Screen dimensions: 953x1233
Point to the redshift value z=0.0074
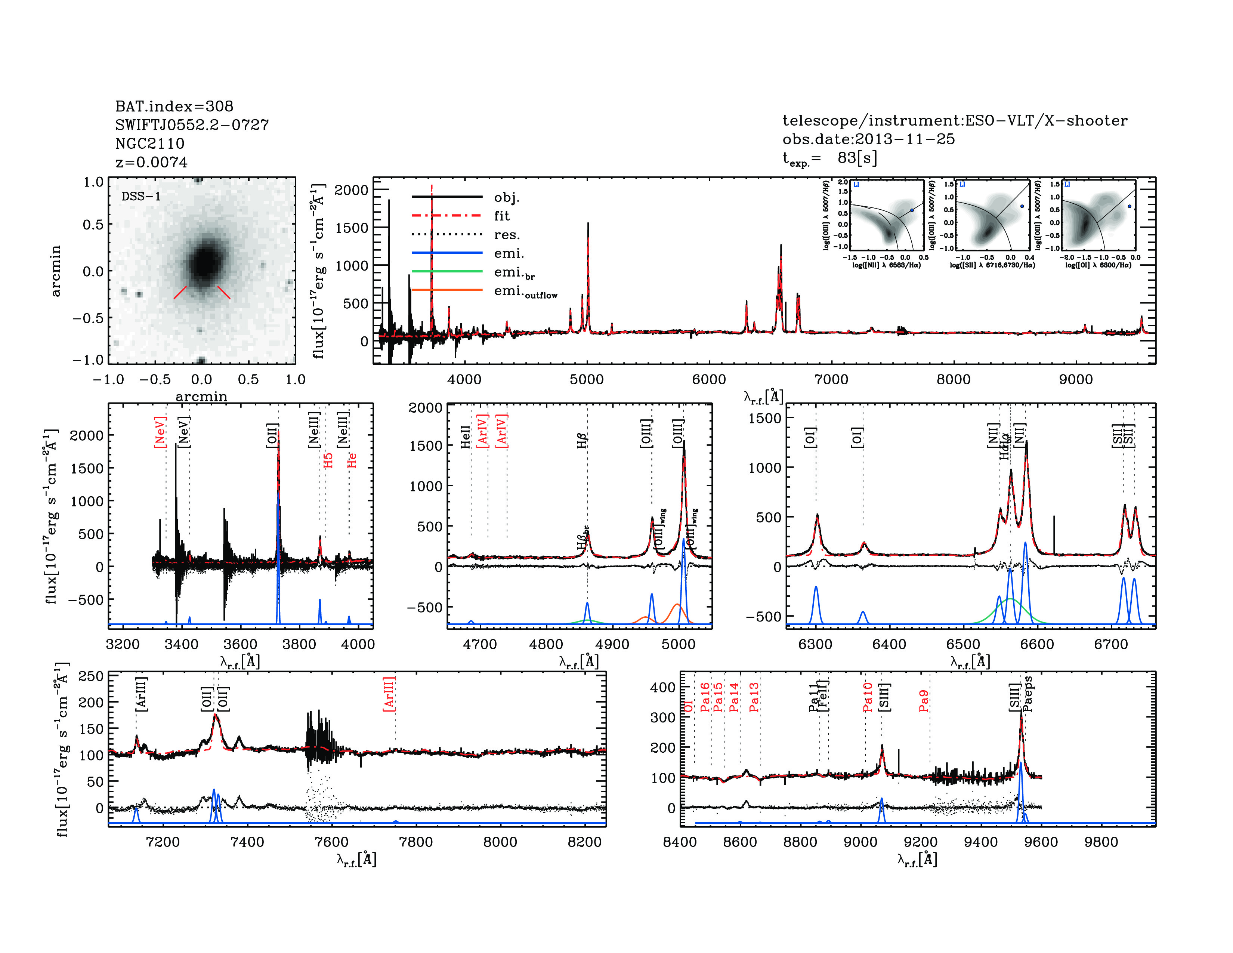(x=151, y=162)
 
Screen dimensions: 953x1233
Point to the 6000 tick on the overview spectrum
(x=709, y=379)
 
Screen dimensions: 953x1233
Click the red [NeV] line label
(x=160, y=432)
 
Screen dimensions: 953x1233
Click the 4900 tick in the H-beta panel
(x=612, y=644)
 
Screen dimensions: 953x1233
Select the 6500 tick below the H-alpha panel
(x=963, y=644)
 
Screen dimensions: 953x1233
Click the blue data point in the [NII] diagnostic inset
(x=912, y=210)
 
